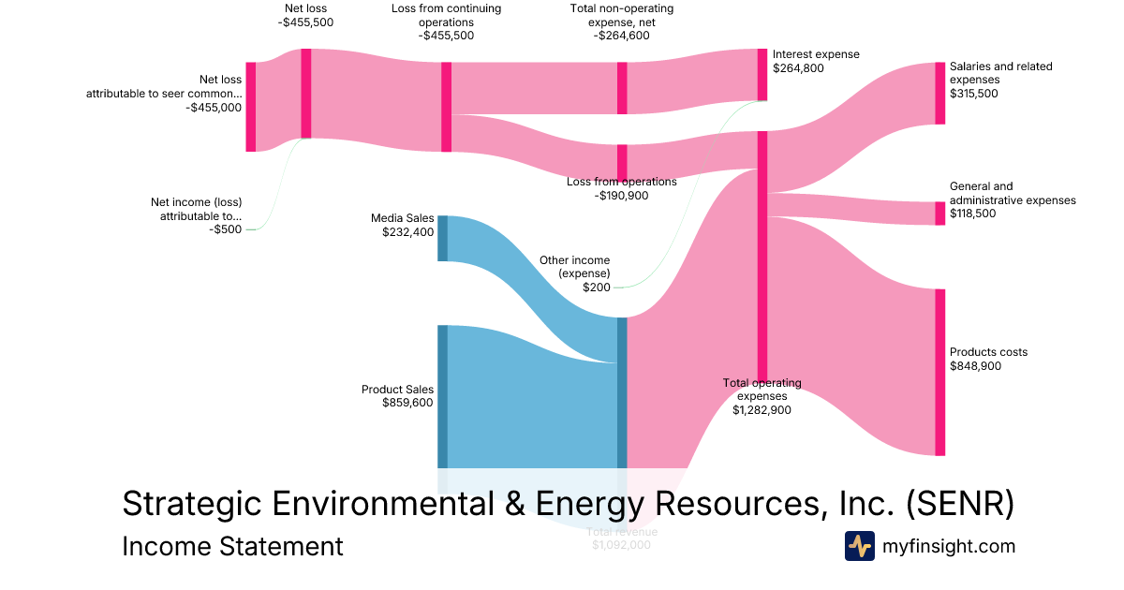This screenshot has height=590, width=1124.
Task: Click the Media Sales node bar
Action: (x=442, y=238)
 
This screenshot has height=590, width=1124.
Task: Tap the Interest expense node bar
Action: (x=762, y=74)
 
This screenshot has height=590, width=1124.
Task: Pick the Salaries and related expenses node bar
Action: (x=939, y=93)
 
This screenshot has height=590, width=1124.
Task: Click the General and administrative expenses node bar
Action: (x=939, y=214)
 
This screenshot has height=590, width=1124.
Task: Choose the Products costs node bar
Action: (x=939, y=372)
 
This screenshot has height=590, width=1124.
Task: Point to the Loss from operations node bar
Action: (x=622, y=161)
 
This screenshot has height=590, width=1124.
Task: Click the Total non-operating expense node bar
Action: (x=622, y=88)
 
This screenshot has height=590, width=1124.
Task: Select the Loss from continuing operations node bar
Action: (x=446, y=107)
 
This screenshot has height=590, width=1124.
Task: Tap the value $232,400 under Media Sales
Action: (x=407, y=232)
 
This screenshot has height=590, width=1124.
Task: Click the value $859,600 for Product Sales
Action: (x=407, y=403)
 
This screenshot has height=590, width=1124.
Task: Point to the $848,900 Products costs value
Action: (x=975, y=366)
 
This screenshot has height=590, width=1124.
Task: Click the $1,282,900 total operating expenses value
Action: (x=762, y=409)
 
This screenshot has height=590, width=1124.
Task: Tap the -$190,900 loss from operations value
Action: (x=621, y=196)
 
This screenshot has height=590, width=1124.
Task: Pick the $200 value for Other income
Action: (x=597, y=288)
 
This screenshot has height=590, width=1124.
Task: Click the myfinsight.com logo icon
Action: (x=859, y=546)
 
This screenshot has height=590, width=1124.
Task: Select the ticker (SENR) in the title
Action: (x=959, y=504)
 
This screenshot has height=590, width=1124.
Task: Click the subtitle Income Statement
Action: (x=232, y=546)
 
